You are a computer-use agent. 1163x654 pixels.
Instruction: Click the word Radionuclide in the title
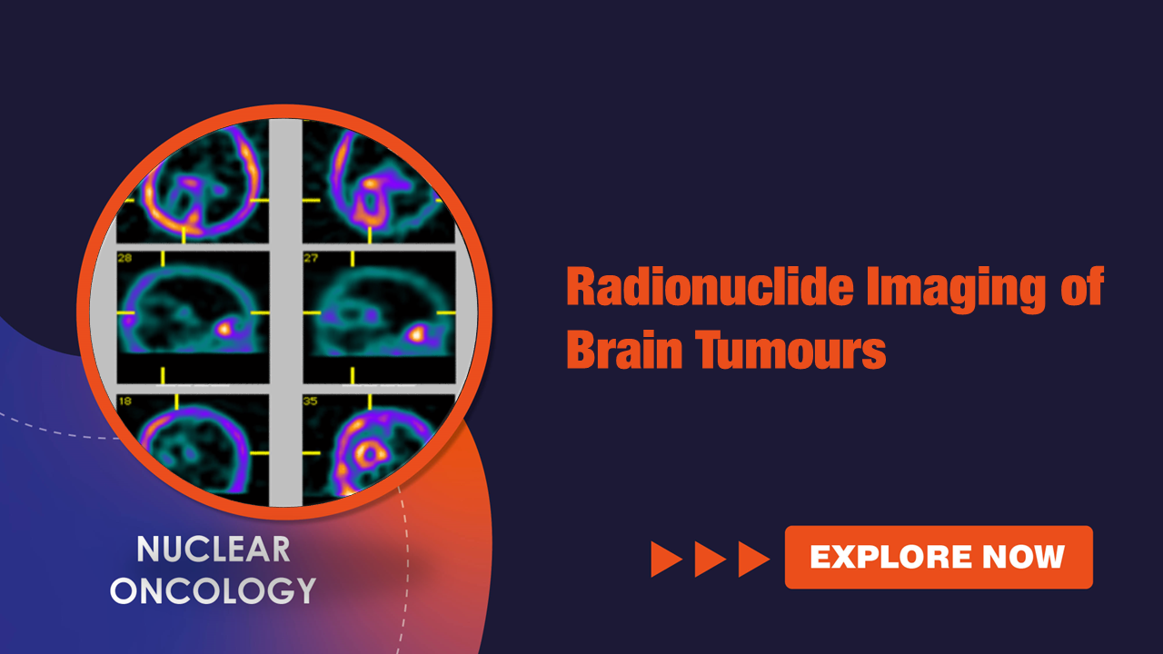[710, 286]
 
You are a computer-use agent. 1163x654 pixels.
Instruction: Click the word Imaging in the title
[956, 289]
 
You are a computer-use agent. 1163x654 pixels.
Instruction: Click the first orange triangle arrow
[666, 560]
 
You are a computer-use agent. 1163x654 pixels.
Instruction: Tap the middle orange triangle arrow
[710, 560]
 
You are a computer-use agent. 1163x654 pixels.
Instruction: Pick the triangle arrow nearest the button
[753, 560]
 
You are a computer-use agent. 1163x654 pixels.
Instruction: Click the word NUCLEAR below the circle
[214, 550]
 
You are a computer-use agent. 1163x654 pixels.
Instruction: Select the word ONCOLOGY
[214, 590]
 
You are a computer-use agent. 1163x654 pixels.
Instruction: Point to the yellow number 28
[124, 257]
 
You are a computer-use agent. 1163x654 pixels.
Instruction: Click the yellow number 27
[311, 257]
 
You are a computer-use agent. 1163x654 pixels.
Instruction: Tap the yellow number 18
[124, 401]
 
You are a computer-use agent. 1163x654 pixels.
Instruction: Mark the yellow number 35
[311, 401]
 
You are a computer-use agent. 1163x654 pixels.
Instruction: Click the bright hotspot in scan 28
[224, 329]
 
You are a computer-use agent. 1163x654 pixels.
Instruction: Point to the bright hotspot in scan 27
[416, 333]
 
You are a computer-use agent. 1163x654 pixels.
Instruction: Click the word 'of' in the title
[1082, 286]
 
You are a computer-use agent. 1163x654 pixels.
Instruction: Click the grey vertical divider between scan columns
[285, 312]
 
